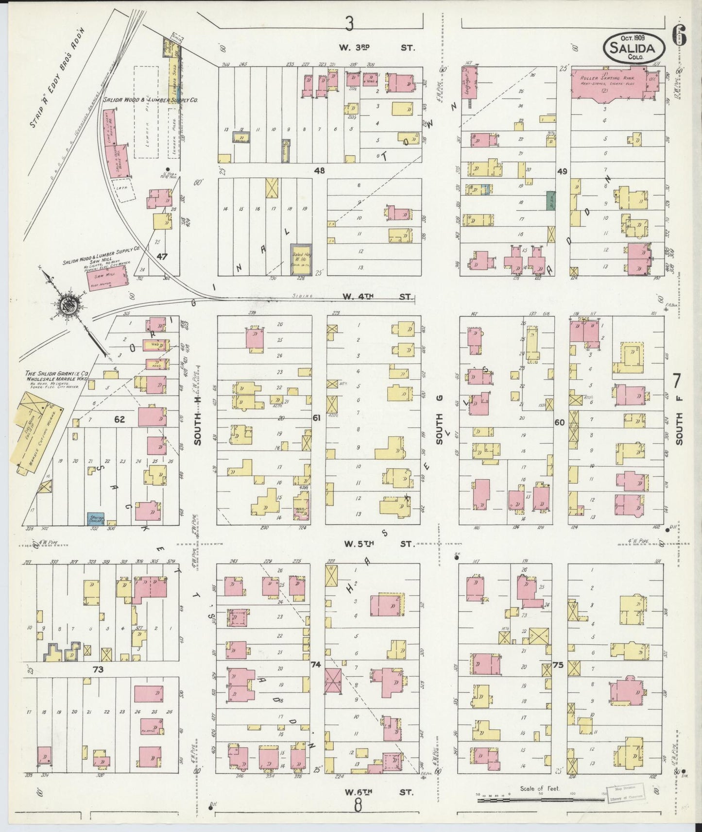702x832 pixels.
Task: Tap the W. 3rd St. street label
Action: click(377, 48)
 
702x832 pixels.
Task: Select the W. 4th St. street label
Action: click(377, 297)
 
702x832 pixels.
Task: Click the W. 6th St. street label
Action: click(379, 792)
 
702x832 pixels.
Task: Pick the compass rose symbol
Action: click(67, 305)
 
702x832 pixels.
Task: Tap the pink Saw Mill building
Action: click(108, 276)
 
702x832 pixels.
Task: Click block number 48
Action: click(319, 170)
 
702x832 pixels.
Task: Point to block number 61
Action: click(317, 417)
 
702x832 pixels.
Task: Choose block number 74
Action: click(316, 665)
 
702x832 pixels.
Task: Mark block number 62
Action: click(120, 419)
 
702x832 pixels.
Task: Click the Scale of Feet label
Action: click(540, 789)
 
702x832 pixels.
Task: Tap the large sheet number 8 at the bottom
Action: click(358, 806)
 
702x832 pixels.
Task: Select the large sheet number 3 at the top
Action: click(348, 22)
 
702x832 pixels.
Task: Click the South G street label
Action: click(440, 429)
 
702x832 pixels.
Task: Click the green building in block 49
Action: click(551, 200)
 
